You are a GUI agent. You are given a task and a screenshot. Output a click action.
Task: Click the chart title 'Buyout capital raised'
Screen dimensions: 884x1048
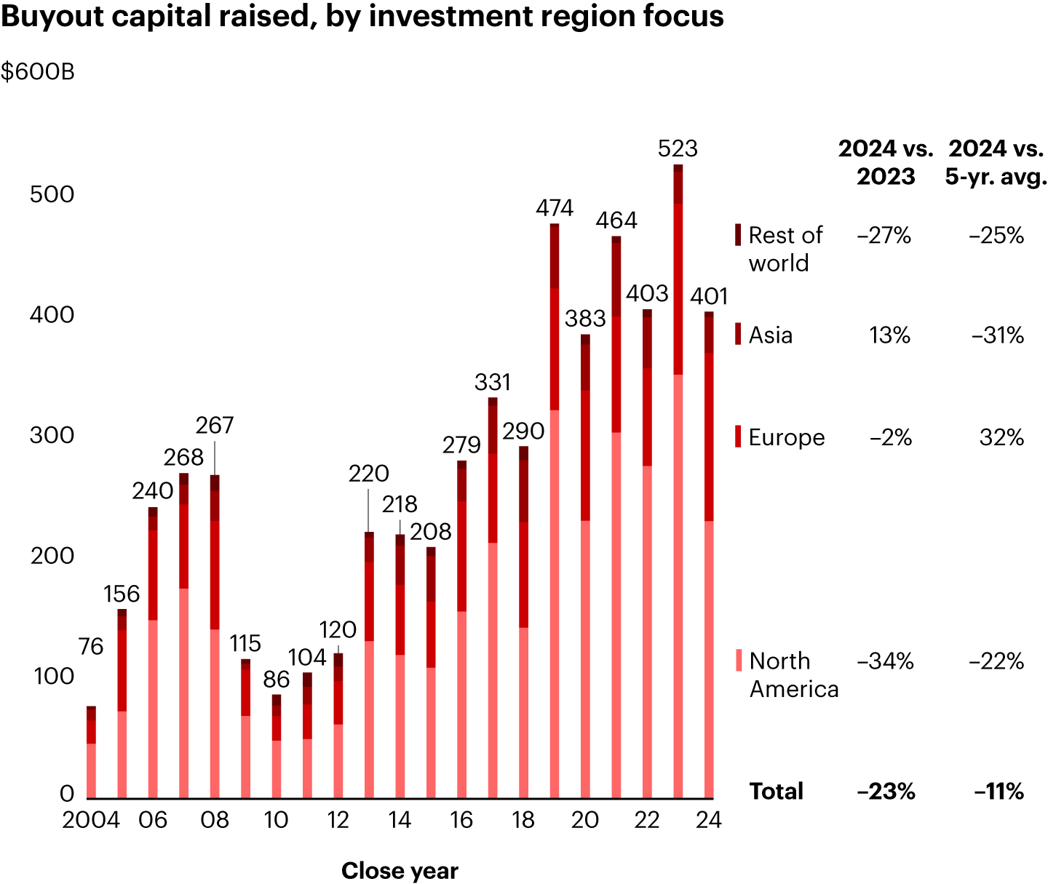point(362,16)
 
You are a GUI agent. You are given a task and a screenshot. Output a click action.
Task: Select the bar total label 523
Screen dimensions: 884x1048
point(678,148)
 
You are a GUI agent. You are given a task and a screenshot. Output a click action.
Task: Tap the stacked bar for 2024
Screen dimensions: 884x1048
point(708,553)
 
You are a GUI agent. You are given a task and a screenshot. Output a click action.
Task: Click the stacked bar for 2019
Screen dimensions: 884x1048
point(555,509)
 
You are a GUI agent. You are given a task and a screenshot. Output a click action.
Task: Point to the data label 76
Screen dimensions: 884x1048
point(91,646)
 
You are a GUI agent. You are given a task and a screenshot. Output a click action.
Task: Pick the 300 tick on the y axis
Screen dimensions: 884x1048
point(52,435)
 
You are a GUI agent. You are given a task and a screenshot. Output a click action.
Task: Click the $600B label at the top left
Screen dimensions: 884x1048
point(38,72)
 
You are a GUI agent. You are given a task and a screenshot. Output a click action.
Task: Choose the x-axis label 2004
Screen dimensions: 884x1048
point(91,820)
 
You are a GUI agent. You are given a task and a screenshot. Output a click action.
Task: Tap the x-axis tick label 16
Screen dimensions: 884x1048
point(461,820)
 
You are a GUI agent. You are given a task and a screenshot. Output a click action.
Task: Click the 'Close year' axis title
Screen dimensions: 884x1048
point(400,871)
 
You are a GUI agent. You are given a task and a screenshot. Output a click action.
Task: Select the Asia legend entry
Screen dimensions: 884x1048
point(770,335)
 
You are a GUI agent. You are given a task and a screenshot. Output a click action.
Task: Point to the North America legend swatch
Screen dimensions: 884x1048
point(739,661)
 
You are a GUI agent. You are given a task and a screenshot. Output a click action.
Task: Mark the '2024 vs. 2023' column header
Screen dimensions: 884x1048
point(885,162)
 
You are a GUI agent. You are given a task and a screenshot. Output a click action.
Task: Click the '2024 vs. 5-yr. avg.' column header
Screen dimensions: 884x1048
point(996,162)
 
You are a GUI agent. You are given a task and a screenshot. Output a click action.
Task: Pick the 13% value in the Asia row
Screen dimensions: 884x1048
point(889,335)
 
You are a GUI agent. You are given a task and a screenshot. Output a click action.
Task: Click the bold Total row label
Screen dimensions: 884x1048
point(776,791)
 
